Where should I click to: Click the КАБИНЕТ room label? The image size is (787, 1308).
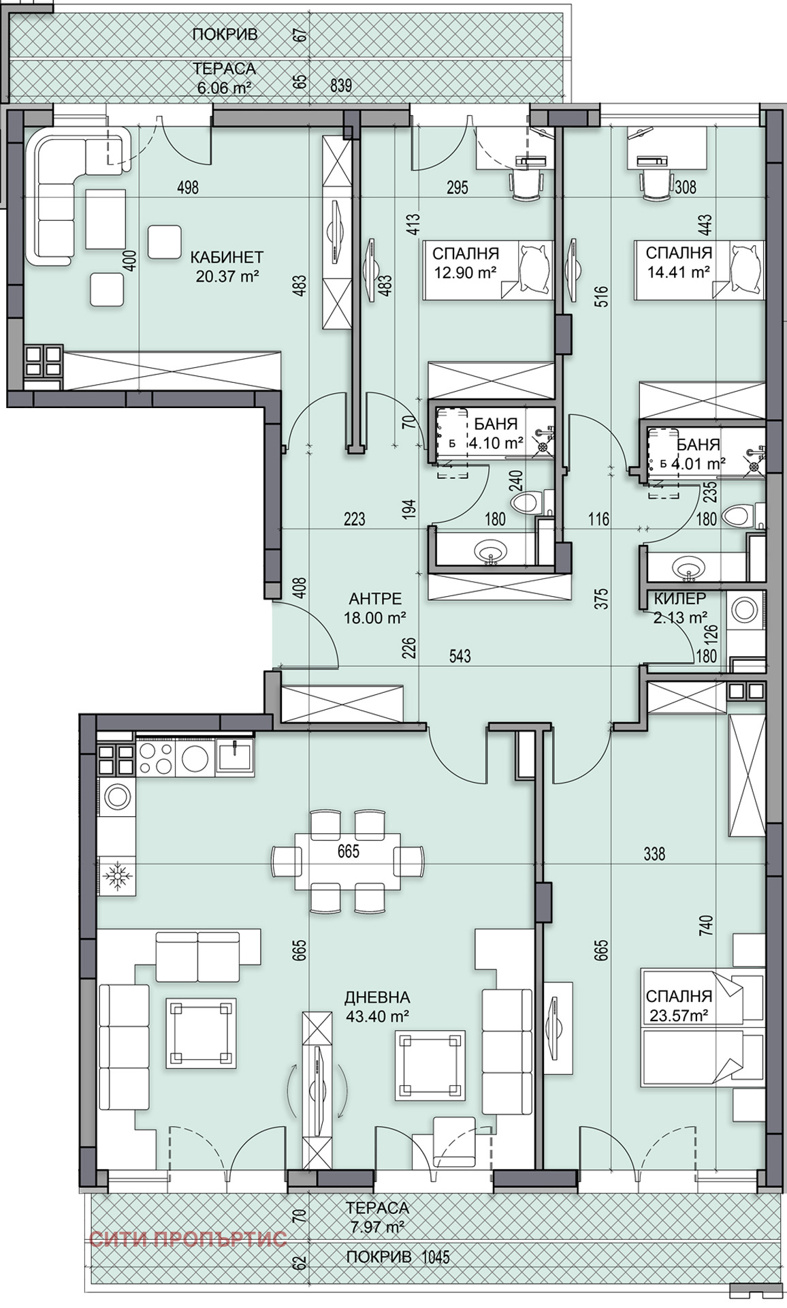tap(227, 258)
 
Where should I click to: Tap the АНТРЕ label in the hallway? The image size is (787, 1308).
tap(375, 599)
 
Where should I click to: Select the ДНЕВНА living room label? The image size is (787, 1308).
tap(377, 997)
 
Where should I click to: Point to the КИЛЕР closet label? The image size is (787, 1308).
tap(679, 599)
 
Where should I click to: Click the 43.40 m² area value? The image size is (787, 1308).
tap(377, 1016)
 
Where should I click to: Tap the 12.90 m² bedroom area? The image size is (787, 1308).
tap(466, 272)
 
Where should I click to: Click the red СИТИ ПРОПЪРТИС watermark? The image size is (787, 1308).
tap(188, 1238)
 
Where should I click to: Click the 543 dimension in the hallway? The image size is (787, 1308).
tap(460, 656)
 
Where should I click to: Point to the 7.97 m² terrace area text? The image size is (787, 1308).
tap(377, 1227)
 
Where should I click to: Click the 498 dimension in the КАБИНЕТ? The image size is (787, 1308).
tap(187, 187)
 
